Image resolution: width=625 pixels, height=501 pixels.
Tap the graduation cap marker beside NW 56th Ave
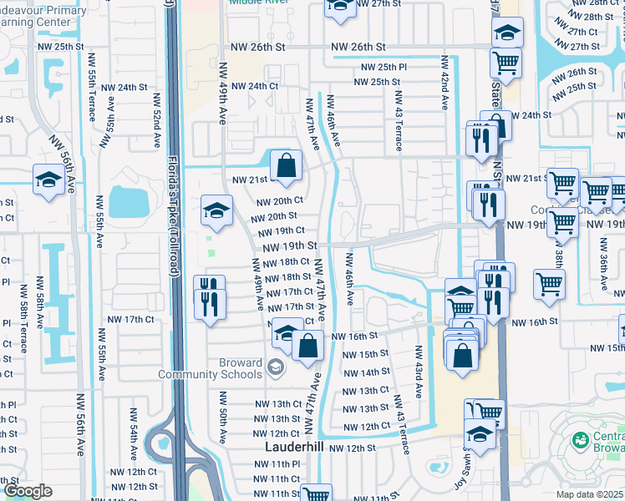click(48, 180)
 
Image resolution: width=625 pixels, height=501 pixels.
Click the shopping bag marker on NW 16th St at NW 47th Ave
click(308, 345)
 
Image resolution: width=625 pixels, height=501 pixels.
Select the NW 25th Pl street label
click(384, 67)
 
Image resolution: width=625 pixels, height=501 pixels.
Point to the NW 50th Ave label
click(223, 425)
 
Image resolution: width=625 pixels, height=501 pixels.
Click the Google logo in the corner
click(28, 491)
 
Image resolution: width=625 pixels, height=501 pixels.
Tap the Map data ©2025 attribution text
click(590, 494)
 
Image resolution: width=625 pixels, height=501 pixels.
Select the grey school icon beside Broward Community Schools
click(275, 367)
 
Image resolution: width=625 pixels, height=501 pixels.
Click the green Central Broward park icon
click(579, 439)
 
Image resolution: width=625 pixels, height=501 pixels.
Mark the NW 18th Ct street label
click(283, 261)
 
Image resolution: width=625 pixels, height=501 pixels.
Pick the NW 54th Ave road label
click(134, 443)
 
